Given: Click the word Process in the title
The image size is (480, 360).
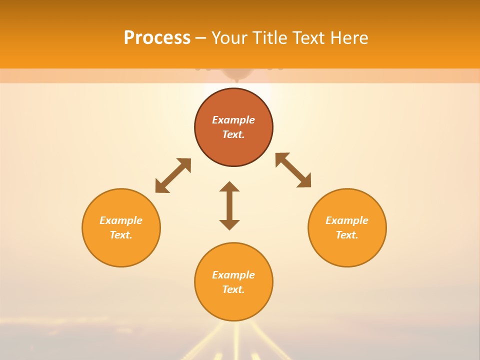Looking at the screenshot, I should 157,38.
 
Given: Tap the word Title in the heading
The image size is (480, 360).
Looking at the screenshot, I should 270,38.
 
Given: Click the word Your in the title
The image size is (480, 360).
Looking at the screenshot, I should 230,38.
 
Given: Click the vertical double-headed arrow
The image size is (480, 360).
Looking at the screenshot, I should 229,205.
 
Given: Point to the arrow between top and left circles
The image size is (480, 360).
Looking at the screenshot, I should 173,175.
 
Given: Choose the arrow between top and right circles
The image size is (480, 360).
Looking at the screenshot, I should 293,170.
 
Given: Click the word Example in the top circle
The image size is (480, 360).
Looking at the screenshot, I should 233,120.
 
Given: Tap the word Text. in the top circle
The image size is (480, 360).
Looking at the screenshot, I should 233,134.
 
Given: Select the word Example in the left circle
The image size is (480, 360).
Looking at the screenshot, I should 121,220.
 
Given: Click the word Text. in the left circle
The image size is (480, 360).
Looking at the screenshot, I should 121,235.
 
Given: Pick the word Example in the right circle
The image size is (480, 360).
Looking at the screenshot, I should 347,220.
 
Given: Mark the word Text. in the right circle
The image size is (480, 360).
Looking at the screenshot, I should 347,235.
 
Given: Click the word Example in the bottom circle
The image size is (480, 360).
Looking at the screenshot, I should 233,275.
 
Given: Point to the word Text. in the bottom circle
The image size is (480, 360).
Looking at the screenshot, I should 233,289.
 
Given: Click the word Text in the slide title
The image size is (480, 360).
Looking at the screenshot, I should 309,38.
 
